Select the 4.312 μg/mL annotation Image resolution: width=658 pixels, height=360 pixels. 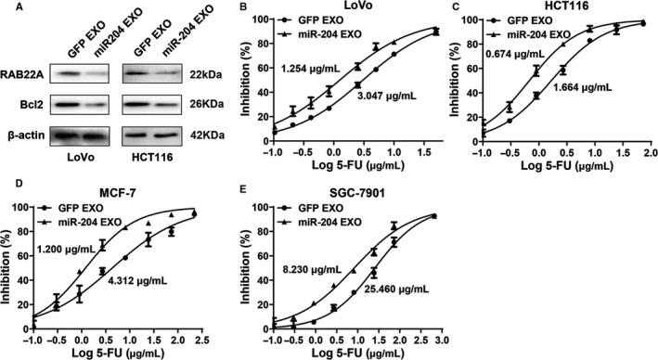[x=138, y=278]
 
